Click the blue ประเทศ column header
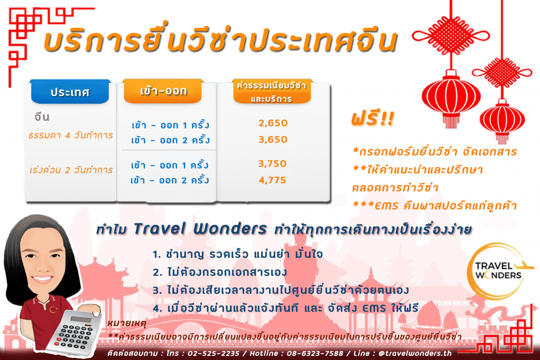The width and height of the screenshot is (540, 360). (70, 92)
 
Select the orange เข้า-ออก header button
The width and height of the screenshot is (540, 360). (163, 91)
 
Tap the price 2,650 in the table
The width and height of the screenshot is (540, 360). (273, 123)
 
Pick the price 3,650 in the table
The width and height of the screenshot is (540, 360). (273, 139)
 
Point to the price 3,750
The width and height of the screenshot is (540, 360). (273, 163)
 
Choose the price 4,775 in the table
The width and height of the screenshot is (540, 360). (273, 180)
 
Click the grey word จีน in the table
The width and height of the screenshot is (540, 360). (42, 116)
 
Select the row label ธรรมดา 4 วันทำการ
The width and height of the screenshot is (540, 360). (71, 135)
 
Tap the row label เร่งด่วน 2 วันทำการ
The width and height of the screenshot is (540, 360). (71, 170)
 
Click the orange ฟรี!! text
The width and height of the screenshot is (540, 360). (373, 119)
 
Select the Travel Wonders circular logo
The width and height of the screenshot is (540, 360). (498, 271)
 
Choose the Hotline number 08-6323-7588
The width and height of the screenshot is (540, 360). (315, 354)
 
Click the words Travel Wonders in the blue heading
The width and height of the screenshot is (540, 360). (200, 229)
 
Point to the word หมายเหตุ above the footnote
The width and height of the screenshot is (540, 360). (127, 323)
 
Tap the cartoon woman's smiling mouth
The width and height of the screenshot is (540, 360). (42, 278)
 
